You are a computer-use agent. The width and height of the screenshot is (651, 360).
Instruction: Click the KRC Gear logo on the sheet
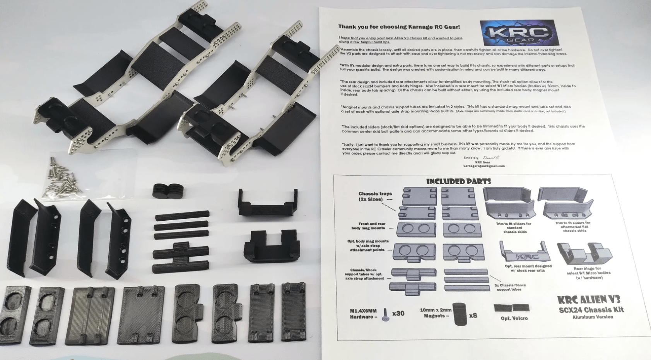pyautogui.click(x=519, y=33)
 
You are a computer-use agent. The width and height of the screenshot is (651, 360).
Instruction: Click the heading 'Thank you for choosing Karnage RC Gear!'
pyautogui.click(x=399, y=27)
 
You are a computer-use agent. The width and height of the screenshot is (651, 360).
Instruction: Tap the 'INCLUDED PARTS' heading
pyautogui.click(x=458, y=181)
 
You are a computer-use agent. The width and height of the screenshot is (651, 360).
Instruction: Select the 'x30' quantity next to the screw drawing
pyautogui.click(x=398, y=313)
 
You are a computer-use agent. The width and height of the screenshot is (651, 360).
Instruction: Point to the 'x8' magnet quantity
pyautogui.click(x=473, y=315)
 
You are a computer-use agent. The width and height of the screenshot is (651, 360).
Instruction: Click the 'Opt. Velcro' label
pyautogui.click(x=514, y=318)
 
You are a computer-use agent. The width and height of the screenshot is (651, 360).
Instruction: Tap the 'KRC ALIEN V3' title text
pyautogui.click(x=588, y=299)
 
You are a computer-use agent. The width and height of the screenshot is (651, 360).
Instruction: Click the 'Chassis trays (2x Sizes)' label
pyautogui.click(x=374, y=196)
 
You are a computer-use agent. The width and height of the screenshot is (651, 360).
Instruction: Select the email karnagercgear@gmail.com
pyautogui.click(x=484, y=166)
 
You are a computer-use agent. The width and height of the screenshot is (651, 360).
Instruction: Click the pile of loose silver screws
pyautogui.click(x=62, y=177)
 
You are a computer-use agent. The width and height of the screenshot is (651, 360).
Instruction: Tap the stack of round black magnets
pyautogui.click(x=168, y=191)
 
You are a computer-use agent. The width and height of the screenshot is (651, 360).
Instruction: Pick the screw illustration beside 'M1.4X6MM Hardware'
pyautogui.click(x=385, y=314)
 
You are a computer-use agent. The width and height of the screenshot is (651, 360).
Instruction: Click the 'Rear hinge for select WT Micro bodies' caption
pyautogui.click(x=588, y=273)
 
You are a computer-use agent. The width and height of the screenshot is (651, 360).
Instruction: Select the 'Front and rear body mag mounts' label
pyautogui.click(x=371, y=226)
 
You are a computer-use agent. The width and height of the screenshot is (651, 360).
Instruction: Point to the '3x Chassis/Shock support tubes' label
pyautogui.click(x=510, y=287)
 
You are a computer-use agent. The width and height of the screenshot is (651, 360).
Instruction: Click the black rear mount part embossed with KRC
pyautogui.click(x=268, y=203)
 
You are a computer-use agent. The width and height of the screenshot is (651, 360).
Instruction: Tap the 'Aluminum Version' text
pyautogui.click(x=593, y=317)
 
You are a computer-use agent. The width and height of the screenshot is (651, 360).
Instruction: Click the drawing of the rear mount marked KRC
pyautogui.click(x=525, y=253)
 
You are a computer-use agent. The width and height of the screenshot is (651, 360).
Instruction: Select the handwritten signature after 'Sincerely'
pyautogui.click(x=491, y=158)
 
